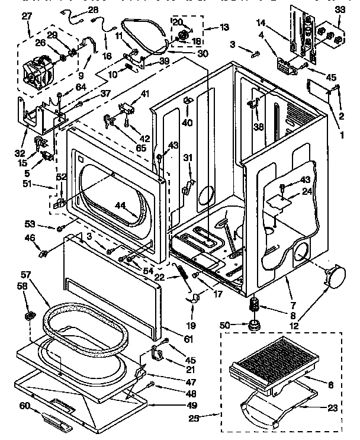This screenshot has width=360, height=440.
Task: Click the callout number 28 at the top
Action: (94, 10)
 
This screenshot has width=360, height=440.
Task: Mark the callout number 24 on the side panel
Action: (307, 191)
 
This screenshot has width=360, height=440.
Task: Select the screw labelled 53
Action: (60, 227)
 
